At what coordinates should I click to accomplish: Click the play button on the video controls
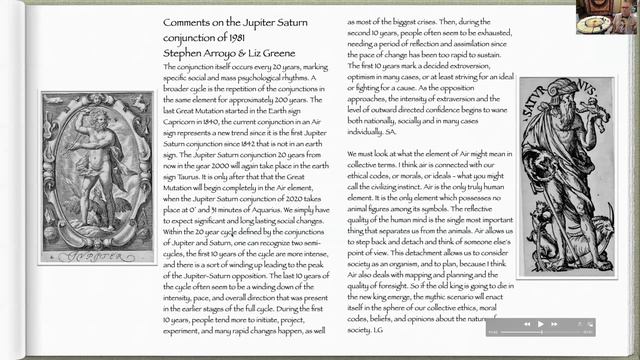click(x=541, y=324)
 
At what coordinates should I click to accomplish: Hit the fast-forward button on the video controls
click(x=554, y=324)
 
